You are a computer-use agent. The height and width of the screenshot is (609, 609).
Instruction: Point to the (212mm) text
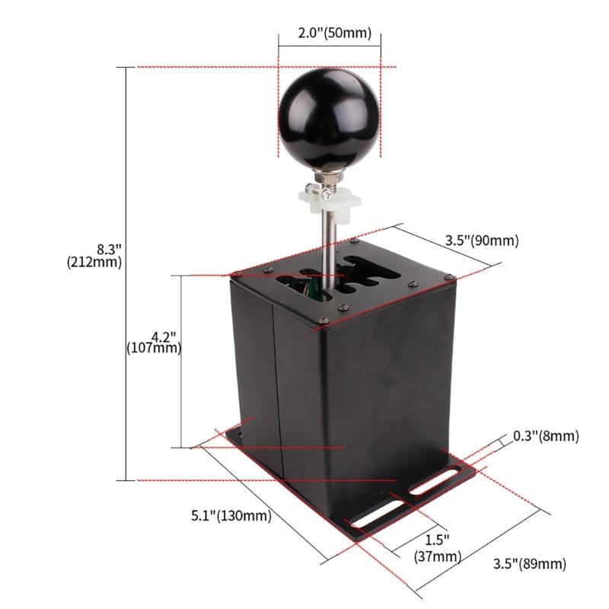pos(94,263)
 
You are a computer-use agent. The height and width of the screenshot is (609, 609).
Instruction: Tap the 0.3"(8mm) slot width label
pos(545,436)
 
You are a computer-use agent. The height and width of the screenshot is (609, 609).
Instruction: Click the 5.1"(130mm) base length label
pos(231,516)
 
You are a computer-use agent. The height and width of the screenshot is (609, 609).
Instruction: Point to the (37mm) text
pos(438,556)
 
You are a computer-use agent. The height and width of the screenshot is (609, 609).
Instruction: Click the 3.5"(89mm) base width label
pos(530,564)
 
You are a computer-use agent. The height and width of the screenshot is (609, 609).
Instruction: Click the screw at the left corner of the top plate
pos(234,273)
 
